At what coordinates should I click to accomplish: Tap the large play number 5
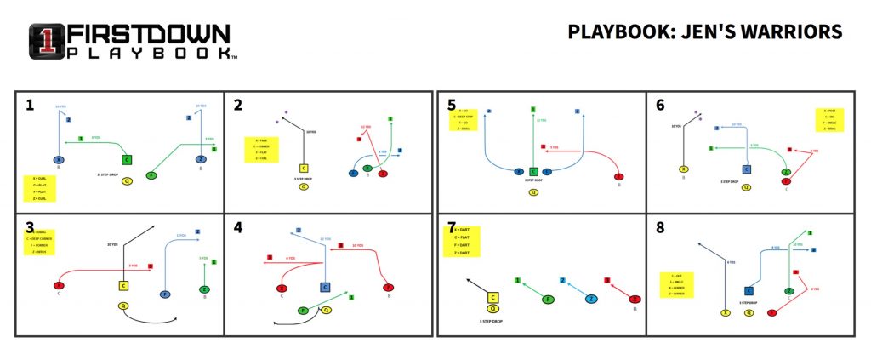(452, 105)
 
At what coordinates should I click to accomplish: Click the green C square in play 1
(127, 159)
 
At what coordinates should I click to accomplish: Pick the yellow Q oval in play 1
(127, 180)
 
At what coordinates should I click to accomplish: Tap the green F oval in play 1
(151, 175)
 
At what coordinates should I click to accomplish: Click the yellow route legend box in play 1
(39, 187)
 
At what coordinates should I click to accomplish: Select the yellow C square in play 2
(304, 169)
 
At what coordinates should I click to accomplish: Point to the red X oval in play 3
(60, 285)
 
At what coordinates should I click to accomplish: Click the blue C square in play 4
(324, 289)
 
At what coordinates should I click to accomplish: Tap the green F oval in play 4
(302, 311)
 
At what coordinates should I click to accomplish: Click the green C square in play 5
(533, 171)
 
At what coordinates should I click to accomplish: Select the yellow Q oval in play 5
(533, 191)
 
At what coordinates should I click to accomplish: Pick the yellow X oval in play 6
(683, 170)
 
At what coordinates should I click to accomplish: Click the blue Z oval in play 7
(591, 299)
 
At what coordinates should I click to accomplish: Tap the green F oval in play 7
(549, 299)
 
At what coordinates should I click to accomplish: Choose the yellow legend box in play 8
(678, 283)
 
